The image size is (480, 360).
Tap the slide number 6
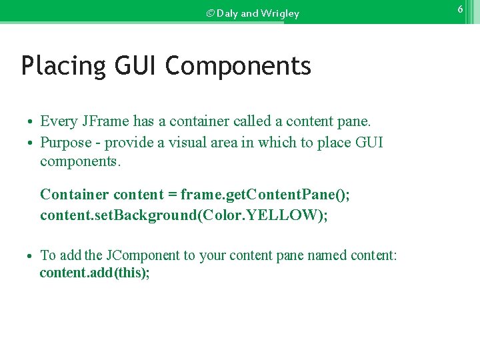[x=460, y=9]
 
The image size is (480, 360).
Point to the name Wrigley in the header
[x=281, y=13]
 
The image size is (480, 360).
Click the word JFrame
[x=107, y=121]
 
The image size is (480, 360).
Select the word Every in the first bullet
[x=59, y=121]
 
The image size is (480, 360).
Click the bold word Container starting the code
[x=74, y=195]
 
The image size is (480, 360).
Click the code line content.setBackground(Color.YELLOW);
[x=184, y=215]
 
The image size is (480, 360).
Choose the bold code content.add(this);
[x=95, y=273]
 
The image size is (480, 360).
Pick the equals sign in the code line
[x=172, y=195]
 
